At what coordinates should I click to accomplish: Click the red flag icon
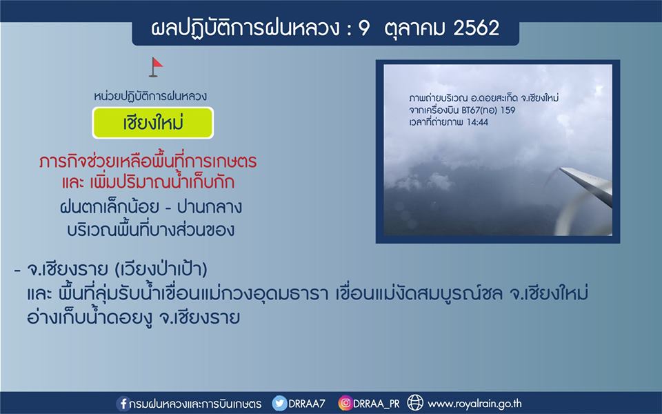tap(156, 67)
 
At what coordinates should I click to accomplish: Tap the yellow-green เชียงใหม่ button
tap(153, 123)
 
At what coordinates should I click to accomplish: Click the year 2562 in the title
tap(477, 28)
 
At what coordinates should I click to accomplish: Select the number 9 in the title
tap(363, 28)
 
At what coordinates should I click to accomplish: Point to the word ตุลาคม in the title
tap(413, 29)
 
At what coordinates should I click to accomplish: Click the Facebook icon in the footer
tap(123, 404)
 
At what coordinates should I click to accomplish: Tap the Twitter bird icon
tap(279, 403)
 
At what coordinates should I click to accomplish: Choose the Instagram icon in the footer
tap(345, 403)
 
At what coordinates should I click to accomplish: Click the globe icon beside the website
tap(415, 403)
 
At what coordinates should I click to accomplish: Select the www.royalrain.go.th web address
tap(474, 404)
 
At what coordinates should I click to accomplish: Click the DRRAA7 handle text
tap(306, 404)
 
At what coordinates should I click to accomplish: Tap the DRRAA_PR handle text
tap(377, 404)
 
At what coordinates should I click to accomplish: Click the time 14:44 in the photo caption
tap(477, 122)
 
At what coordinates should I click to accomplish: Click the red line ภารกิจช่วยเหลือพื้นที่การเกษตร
tap(148, 161)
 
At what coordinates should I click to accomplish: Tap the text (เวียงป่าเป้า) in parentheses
tap(161, 269)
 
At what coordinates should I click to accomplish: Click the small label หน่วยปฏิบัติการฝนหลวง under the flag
tap(150, 97)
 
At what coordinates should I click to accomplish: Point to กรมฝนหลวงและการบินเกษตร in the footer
tap(195, 404)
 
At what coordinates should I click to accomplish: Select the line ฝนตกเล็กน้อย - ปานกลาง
tap(151, 207)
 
